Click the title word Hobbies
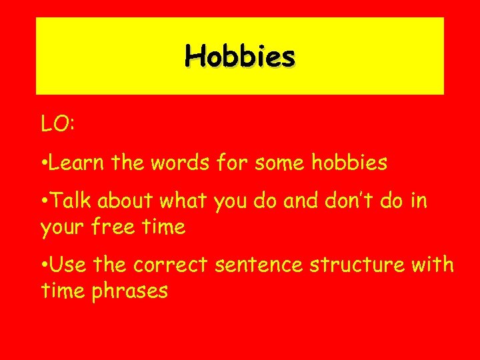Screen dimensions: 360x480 (240, 56)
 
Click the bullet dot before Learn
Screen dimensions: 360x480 (43, 163)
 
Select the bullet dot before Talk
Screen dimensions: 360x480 (43, 201)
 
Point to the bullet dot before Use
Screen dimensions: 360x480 (43, 266)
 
